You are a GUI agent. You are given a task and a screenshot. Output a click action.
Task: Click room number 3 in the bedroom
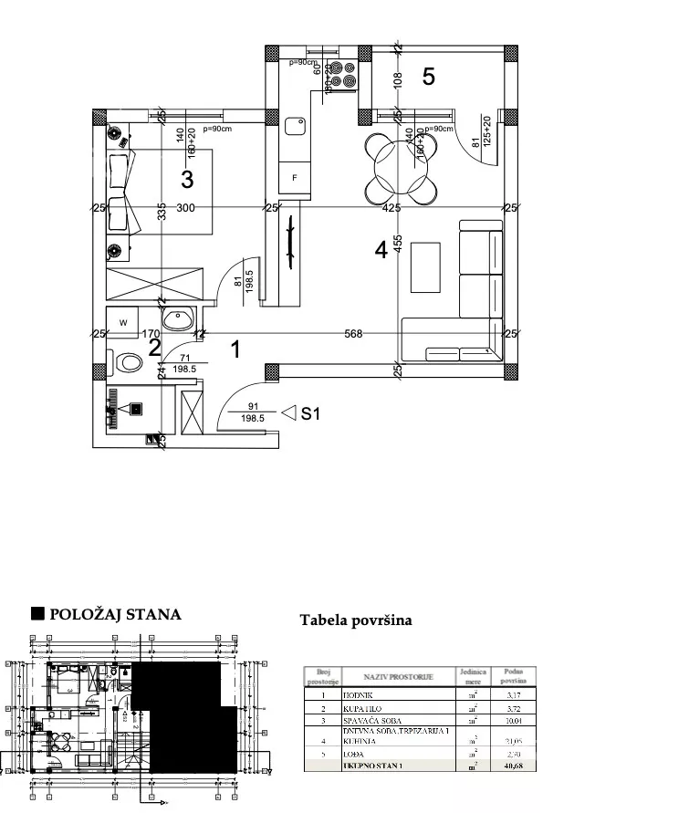click(x=187, y=178)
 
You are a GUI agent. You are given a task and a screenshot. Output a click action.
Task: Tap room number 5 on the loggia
click(x=428, y=77)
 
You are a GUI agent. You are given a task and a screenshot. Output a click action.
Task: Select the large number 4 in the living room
click(x=381, y=248)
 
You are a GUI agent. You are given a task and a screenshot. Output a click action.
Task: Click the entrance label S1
click(x=311, y=413)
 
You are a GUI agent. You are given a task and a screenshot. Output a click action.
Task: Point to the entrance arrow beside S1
click(x=289, y=413)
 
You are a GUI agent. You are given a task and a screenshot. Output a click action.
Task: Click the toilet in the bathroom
click(x=129, y=362)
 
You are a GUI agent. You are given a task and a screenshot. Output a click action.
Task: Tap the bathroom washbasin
click(x=177, y=319)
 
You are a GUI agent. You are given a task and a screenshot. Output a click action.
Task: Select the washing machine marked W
click(x=122, y=322)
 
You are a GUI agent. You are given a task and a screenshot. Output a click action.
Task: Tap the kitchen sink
click(x=296, y=126)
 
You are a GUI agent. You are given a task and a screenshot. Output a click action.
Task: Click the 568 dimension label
click(x=353, y=334)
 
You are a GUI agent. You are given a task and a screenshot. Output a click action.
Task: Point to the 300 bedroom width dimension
click(x=185, y=208)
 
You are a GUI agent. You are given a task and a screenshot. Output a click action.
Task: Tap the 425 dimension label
click(x=392, y=208)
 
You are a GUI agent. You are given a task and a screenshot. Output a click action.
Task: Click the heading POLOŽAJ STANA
click(x=115, y=614)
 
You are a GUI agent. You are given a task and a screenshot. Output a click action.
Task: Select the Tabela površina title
click(x=356, y=620)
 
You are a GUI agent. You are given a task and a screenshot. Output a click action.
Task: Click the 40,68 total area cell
click(x=512, y=766)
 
